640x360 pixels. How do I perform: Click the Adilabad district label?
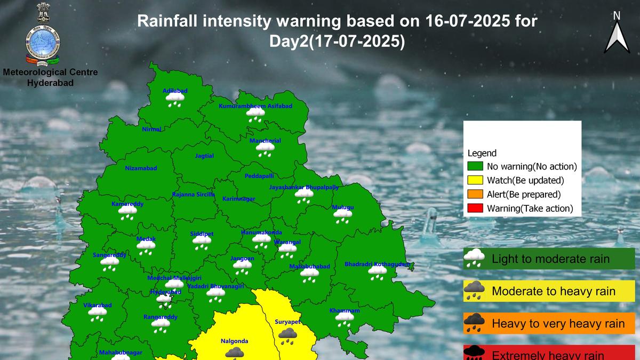coord(175,91)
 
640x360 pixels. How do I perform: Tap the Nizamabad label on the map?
coord(141,168)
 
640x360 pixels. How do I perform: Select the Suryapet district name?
coord(288,322)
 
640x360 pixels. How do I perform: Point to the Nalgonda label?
coord(234,341)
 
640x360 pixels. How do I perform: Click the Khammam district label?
coord(345,310)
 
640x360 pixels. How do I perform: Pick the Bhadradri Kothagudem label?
coord(378,264)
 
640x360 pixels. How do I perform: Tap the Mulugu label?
coord(343,207)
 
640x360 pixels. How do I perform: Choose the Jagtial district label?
coord(204,156)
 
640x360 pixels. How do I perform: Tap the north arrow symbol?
coord(617,35)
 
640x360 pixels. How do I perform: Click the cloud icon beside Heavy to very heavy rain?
coord(474,323)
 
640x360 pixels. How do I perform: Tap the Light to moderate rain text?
coord(550,259)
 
